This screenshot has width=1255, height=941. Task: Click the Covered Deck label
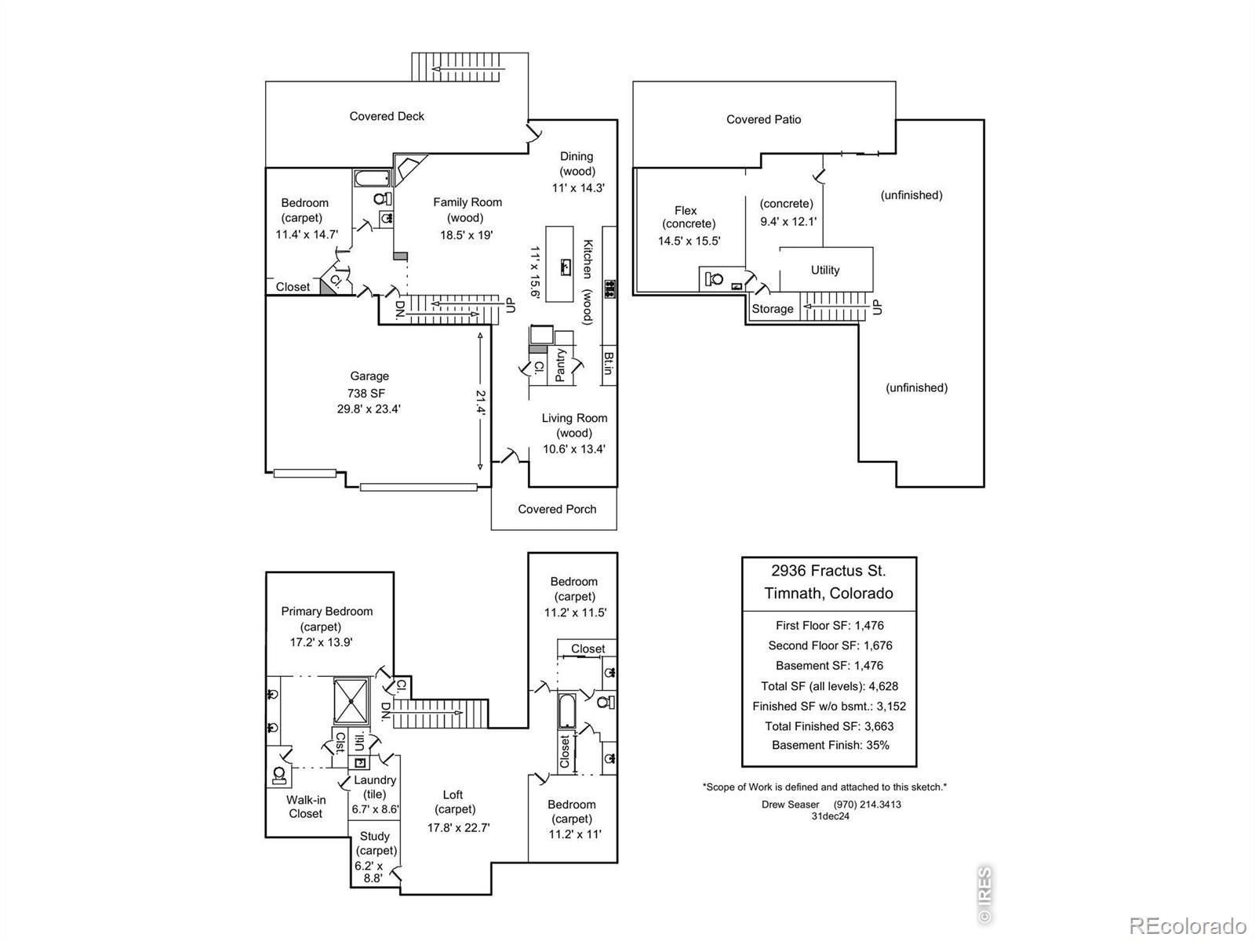coord(387,116)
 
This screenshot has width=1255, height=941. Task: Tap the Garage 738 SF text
coord(366,393)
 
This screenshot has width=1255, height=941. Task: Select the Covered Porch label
coord(557,509)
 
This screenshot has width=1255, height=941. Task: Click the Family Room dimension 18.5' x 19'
coord(466,234)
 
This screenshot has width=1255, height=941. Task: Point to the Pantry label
coord(560,365)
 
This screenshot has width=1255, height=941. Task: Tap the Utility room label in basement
coord(825,270)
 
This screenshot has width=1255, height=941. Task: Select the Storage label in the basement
coord(773,309)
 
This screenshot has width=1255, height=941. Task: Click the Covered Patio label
coord(763,119)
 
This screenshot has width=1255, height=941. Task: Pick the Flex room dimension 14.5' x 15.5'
coord(689,241)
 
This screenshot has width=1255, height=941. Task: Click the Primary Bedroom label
coord(327,612)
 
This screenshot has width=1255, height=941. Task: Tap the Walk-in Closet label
coord(306,807)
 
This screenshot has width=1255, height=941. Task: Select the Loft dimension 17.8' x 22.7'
coord(459,827)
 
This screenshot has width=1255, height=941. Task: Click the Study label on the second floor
coord(375,836)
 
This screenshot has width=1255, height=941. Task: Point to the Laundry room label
coord(375,780)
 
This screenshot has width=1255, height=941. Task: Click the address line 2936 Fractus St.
coord(828,571)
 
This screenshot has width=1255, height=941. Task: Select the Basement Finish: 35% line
coord(830,746)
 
